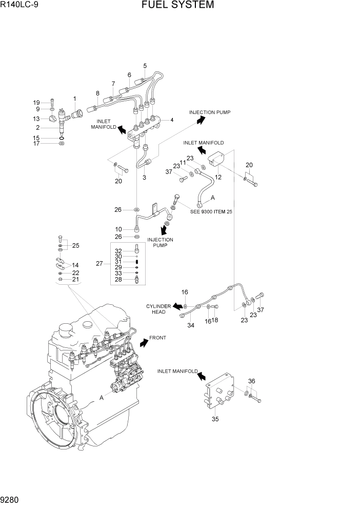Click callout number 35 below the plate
[x=215, y=419]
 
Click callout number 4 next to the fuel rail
[x=171, y=120]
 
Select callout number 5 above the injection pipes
[x=145, y=66]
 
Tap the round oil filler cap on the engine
[x=68, y=328]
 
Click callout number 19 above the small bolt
[x=36, y=102]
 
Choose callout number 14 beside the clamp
[x=75, y=266]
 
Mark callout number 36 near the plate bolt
[x=251, y=381]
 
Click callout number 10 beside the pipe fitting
[x=118, y=229]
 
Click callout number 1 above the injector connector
[x=75, y=99]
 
